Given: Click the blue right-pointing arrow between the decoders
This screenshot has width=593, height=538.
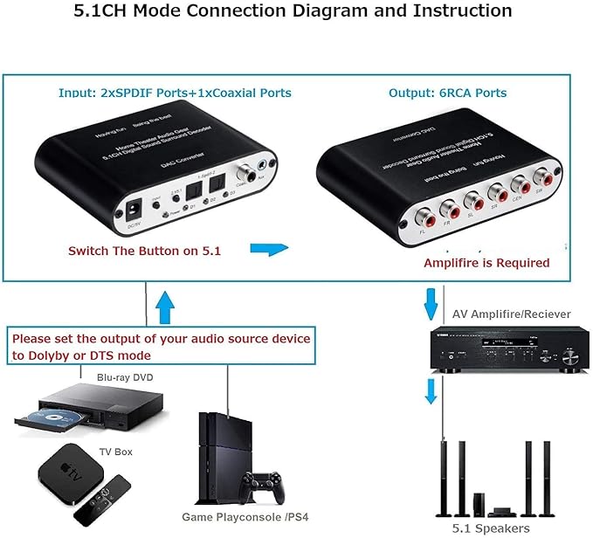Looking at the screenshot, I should [x=268, y=250].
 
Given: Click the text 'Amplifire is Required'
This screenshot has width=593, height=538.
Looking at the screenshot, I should [x=486, y=263].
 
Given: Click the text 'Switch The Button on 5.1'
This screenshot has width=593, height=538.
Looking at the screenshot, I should [x=144, y=251].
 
